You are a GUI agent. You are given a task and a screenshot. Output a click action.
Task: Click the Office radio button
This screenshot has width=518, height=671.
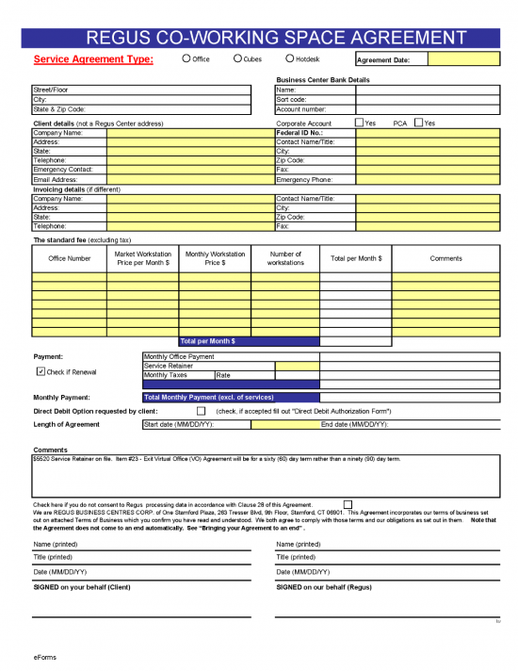tap(186, 58)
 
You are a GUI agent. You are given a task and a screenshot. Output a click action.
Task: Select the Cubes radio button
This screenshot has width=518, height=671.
tap(237, 58)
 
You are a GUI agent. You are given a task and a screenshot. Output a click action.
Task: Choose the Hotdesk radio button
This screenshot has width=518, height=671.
tap(290, 58)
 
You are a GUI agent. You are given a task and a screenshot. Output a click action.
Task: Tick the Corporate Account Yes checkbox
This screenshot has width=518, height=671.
tap(359, 123)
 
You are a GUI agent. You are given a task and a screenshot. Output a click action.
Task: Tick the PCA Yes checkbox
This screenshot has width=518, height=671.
tap(418, 123)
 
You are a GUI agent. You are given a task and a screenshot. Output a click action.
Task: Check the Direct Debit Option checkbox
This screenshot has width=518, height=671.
tap(201, 411)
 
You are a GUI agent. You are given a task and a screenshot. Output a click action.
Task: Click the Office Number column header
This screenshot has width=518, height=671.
tap(70, 258)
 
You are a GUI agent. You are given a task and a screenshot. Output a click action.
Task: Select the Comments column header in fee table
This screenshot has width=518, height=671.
tap(445, 258)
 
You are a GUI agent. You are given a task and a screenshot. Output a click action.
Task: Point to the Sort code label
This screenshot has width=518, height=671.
tap(291, 99)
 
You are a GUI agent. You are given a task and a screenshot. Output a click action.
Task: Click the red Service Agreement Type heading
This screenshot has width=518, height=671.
tap(93, 59)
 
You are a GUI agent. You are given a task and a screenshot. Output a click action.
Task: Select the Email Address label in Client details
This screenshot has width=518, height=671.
tap(55, 179)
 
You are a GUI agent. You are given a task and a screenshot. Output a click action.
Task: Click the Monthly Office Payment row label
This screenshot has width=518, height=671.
tap(179, 357)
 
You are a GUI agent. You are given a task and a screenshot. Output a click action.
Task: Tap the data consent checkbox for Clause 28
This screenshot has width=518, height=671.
tap(348, 504)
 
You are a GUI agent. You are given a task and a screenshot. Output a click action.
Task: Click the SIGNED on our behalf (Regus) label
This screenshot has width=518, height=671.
tap(322, 586)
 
